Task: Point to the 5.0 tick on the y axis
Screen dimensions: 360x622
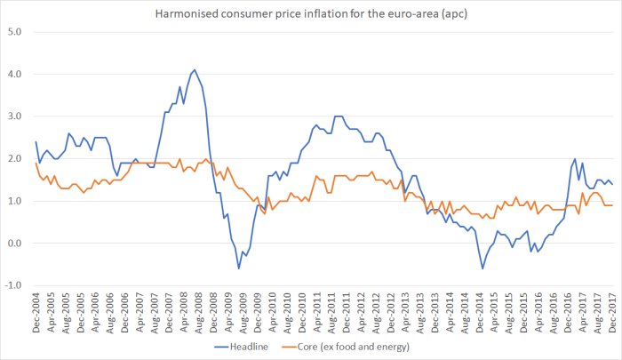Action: [x=15, y=32]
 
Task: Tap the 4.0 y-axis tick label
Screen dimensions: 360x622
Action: [x=15, y=75]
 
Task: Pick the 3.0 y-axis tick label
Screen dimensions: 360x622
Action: [x=15, y=116]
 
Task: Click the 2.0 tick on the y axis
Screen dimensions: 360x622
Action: [x=15, y=159]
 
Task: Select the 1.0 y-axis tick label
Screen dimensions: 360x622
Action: [x=15, y=201]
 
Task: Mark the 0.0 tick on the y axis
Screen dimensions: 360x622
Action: [x=15, y=244]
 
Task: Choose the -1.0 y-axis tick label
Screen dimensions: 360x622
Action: [x=13, y=285]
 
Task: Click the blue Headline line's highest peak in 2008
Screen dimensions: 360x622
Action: [x=195, y=69]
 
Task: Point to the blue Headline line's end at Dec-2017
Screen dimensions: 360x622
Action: [x=612, y=184]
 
